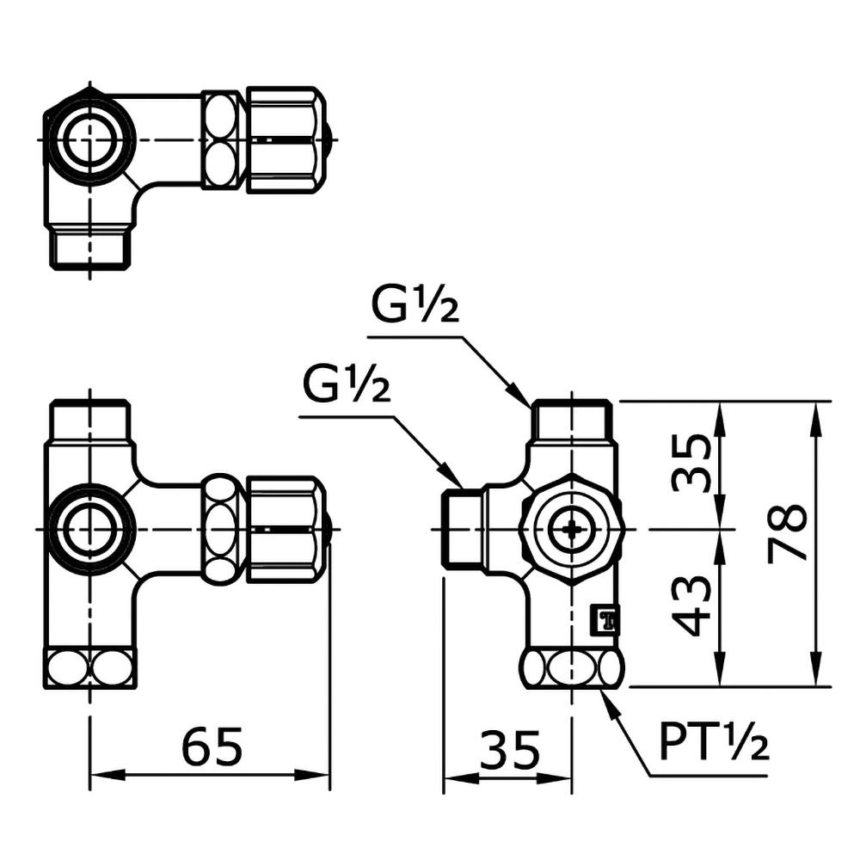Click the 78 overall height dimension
789,532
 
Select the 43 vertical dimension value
693,605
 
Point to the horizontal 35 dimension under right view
509,751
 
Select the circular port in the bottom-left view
89,530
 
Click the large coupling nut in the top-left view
286,138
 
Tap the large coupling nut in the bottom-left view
286,530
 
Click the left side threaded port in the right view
463,529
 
